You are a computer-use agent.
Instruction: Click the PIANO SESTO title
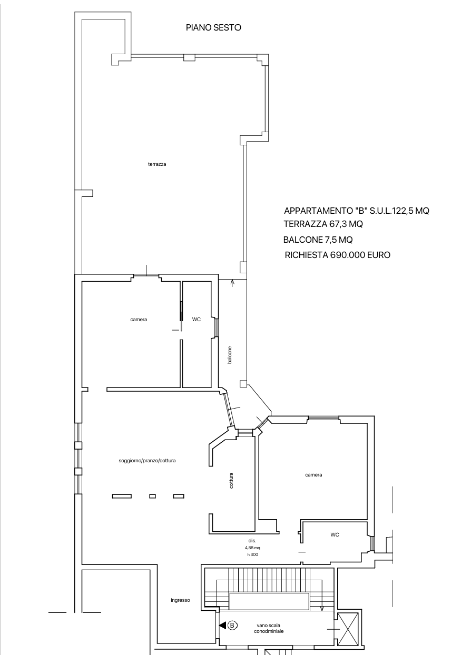coord(213,27)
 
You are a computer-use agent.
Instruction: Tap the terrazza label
coord(157,164)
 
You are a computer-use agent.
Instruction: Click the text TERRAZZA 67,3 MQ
coord(323,224)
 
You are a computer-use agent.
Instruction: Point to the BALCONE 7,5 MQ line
coord(318,240)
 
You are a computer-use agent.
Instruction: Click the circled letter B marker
coord(232,625)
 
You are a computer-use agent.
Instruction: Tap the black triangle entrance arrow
coord(222,625)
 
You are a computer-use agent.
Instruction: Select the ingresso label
coord(180,600)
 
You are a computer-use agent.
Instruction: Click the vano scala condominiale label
coord(269,628)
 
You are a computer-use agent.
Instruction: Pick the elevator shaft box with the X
coord(348,629)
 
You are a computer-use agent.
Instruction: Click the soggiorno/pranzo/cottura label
coord(147,461)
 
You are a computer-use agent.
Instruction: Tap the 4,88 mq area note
coord(252,548)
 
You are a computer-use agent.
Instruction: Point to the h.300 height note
coord(252,554)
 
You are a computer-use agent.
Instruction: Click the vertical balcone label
coord(230,355)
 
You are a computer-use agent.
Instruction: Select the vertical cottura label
coord(231,480)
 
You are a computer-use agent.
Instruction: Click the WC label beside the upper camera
coord(197,319)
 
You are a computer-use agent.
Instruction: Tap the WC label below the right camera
coord(335,534)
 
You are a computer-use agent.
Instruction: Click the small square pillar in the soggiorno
coord(152,496)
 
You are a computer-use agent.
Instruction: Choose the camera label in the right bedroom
coord(313,475)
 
